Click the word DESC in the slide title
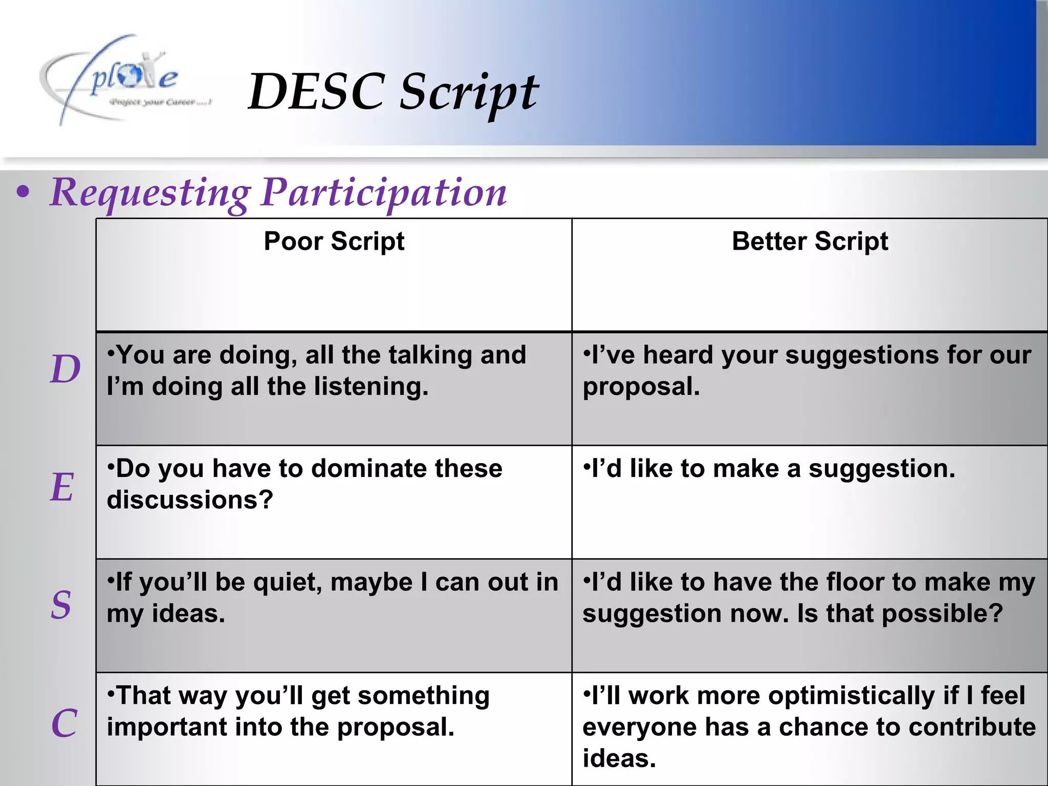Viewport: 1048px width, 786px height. point(316,92)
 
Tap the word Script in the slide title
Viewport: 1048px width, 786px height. point(468,93)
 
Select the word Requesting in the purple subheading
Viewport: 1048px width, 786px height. point(150,193)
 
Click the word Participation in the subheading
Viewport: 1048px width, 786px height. point(384,193)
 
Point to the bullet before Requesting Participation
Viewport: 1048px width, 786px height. point(23,193)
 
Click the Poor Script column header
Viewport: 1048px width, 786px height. point(334,241)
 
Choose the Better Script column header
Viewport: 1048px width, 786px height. point(810,241)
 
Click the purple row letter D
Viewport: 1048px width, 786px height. point(65,369)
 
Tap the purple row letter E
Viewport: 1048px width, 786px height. point(62,487)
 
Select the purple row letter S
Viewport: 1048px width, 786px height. point(61,605)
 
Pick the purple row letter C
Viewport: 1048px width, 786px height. point(64,723)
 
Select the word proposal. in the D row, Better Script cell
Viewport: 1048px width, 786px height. point(641,386)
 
